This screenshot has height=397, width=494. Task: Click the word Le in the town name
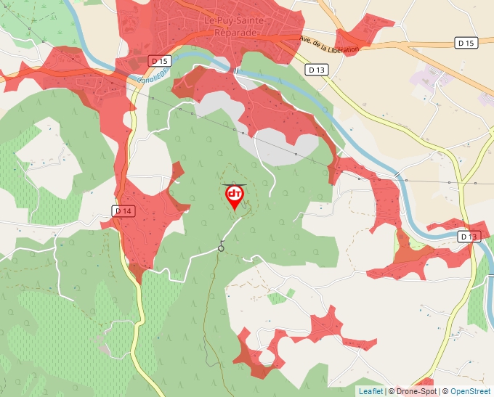[x=210, y=21]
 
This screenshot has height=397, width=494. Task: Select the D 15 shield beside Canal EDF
[x=160, y=60]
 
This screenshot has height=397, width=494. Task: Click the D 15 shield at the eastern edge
[x=466, y=44]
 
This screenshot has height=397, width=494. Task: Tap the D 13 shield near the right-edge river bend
[x=469, y=237]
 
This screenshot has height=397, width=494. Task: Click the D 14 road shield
[x=123, y=210]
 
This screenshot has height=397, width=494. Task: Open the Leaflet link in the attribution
[x=370, y=391]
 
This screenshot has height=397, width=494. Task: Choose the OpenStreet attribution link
[x=470, y=391]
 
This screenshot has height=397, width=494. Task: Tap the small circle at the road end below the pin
[x=221, y=248]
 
